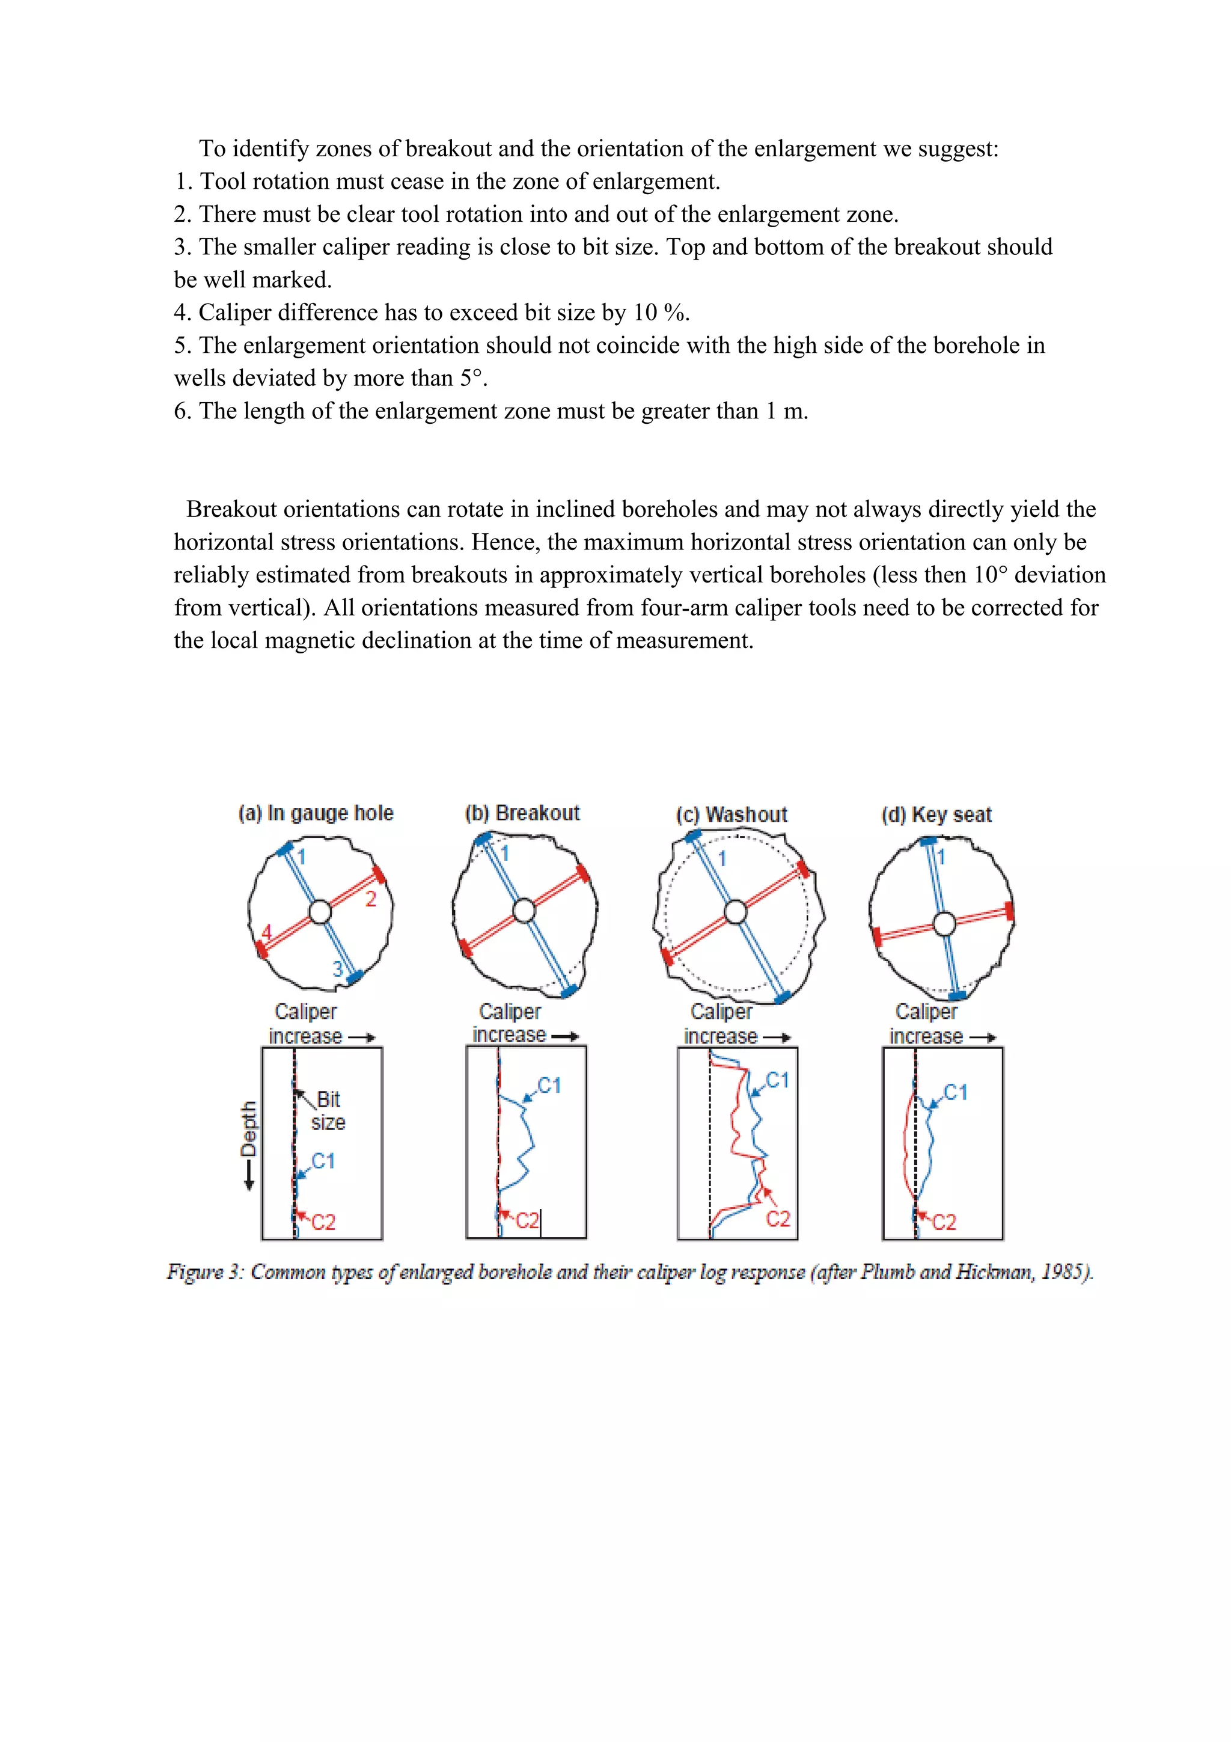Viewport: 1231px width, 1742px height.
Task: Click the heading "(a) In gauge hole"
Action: [x=316, y=813]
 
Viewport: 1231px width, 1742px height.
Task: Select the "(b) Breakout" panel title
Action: [x=522, y=813]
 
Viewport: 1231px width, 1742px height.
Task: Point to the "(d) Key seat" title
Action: [x=936, y=815]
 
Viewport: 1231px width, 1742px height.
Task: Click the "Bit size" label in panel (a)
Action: [x=328, y=1111]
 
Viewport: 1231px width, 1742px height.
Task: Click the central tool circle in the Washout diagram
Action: [x=735, y=911]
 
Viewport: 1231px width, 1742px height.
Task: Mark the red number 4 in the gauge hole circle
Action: [x=266, y=932]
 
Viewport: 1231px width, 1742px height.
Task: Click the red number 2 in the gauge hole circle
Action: [x=371, y=899]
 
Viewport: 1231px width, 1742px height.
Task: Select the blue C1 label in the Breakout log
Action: [x=549, y=1086]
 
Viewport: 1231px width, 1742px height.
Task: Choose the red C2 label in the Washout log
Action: [x=778, y=1218]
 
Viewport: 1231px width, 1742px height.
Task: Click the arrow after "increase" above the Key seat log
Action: [x=983, y=1037]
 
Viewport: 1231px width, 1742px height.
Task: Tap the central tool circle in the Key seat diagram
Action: [x=944, y=923]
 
